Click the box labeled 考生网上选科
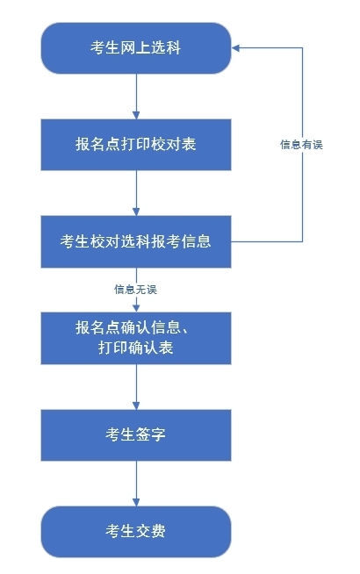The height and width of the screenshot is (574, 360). [x=136, y=48]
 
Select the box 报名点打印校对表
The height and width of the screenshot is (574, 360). [x=136, y=145]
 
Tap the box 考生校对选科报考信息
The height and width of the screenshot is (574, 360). [x=136, y=241]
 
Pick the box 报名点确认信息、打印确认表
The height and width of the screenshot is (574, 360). [x=136, y=338]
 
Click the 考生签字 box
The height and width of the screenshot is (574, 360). [x=136, y=435]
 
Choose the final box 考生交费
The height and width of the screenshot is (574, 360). [x=136, y=532]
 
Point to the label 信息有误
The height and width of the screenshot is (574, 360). [x=301, y=145]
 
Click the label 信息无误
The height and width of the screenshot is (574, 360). [x=135, y=290]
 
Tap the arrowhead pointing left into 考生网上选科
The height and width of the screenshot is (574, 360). [x=235, y=48]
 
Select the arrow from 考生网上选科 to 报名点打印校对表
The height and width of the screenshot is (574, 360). [x=136, y=97]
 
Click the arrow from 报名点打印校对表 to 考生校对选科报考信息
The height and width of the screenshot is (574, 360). [x=136, y=193]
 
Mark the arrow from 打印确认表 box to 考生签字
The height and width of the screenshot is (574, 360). [x=136, y=386]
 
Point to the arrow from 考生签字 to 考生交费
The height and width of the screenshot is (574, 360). [x=136, y=484]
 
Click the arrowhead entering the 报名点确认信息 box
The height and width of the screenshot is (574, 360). [x=136, y=308]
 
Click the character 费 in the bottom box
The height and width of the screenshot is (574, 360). [x=158, y=531]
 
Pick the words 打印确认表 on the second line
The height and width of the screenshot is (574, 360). [x=135, y=348]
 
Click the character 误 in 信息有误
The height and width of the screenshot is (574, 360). [x=318, y=145]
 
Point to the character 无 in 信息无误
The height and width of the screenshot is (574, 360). [x=141, y=290]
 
